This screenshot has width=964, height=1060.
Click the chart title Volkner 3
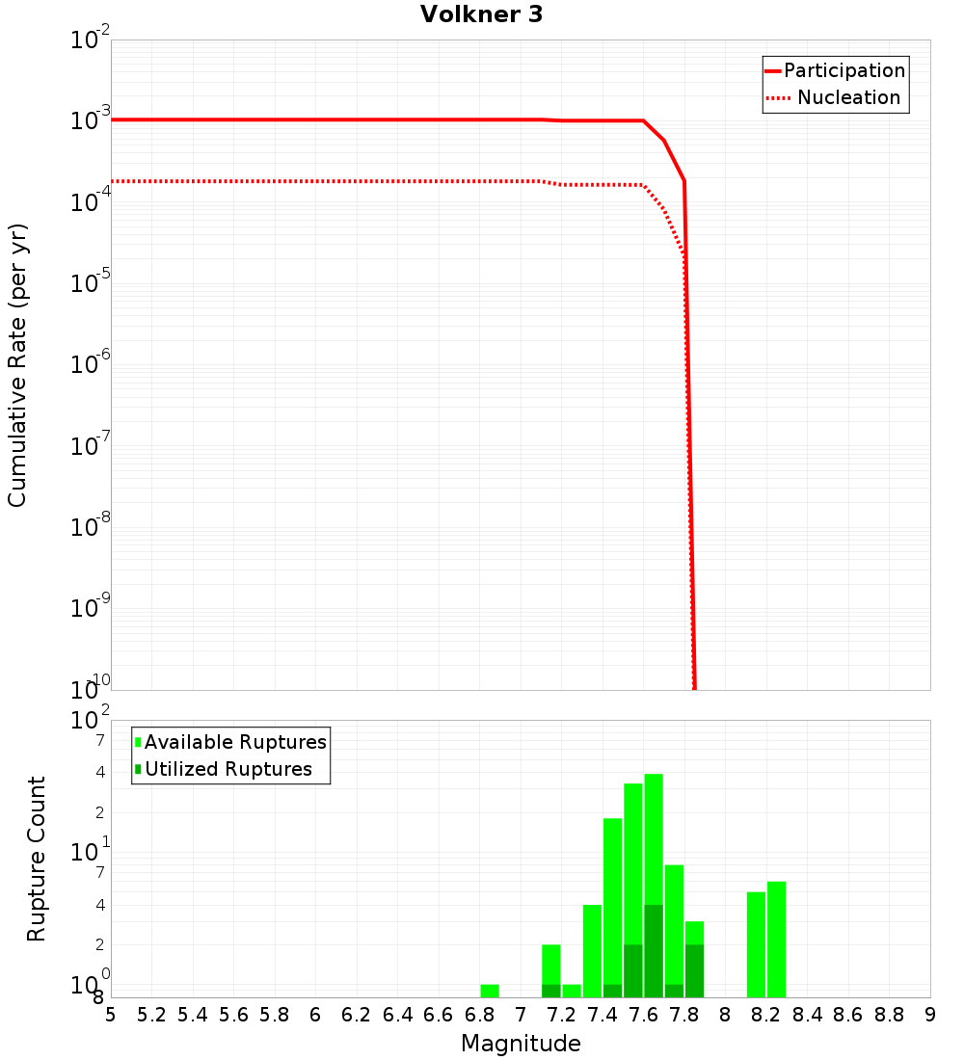pos(481,15)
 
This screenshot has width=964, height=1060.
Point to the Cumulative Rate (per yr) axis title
pos(17,365)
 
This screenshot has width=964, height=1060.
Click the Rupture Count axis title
pos(37,859)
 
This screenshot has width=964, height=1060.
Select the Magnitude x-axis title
pos(521,1044)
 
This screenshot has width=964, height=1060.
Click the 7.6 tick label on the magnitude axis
pos(643,1015)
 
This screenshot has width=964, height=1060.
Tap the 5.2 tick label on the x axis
pos(151,1015)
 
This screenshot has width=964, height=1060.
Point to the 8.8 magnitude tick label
pos(889,1015)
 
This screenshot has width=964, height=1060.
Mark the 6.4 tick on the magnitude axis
pos(397,1015)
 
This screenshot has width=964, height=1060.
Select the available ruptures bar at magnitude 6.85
pos(490,991)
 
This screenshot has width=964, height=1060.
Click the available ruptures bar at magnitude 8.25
pos(776,940)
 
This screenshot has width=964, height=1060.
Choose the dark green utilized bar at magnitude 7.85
pos(694,971)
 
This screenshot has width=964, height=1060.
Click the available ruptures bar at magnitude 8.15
pos(756,944)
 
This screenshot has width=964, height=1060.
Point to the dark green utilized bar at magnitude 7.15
pos(551,991)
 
